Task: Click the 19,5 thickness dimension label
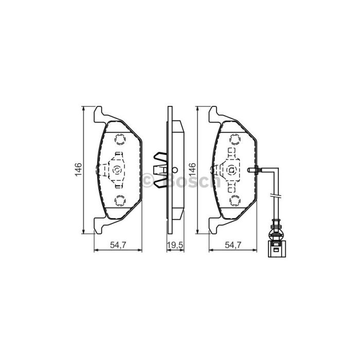click(175, 245)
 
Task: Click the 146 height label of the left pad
click(79, 169)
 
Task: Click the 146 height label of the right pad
click(192, 169)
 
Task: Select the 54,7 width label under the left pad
click(118, 245)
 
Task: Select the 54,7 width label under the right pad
click(233, 245)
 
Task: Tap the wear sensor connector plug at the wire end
click(277, 248)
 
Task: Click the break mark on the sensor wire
click(276, 196)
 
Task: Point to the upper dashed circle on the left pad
click(120, 139)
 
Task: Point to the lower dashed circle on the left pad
click(120, 201)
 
